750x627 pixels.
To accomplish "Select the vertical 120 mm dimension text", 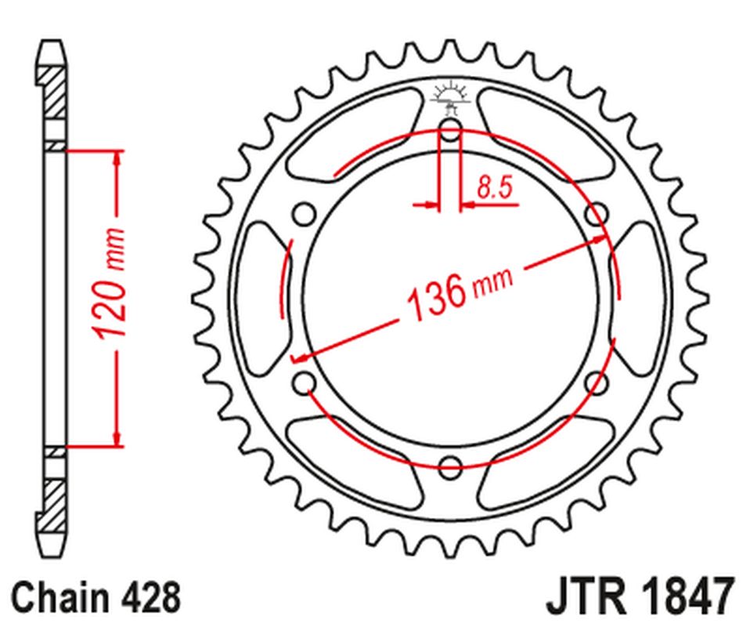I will (112, 284).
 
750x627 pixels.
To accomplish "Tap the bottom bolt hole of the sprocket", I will (450, 468).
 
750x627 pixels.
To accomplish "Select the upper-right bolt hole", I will (597, 212).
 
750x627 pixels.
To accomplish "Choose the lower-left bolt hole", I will (304, 383).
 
